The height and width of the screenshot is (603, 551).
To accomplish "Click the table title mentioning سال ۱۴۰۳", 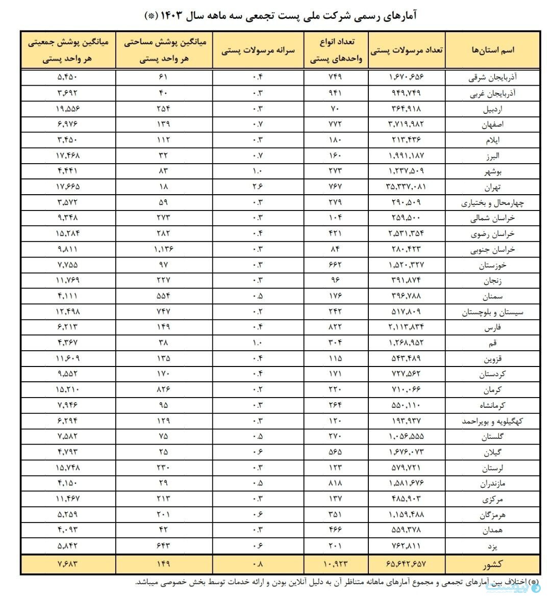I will pos(281,15).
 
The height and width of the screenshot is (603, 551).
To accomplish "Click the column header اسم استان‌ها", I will pos(493,50).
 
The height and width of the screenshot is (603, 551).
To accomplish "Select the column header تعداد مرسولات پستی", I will pos(406,50).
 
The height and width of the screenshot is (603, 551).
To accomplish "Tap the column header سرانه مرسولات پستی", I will pos(258,50).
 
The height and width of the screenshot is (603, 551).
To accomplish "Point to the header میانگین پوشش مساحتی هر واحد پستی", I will pos(164,50).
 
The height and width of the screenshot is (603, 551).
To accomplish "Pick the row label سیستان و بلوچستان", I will pos(492,312).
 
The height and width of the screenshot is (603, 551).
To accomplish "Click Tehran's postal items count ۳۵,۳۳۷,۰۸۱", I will pos(406,187).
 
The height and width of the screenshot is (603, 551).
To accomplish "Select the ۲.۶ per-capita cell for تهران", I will pos(258,187).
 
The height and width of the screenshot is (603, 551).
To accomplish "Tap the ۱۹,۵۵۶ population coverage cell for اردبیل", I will pos(68,109).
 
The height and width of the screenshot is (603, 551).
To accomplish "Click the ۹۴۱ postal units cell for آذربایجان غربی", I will pos(336,93).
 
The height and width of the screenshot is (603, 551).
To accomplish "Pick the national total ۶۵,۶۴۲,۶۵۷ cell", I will pos(406,564).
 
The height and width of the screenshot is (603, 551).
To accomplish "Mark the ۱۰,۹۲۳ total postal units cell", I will pos(336,564).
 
